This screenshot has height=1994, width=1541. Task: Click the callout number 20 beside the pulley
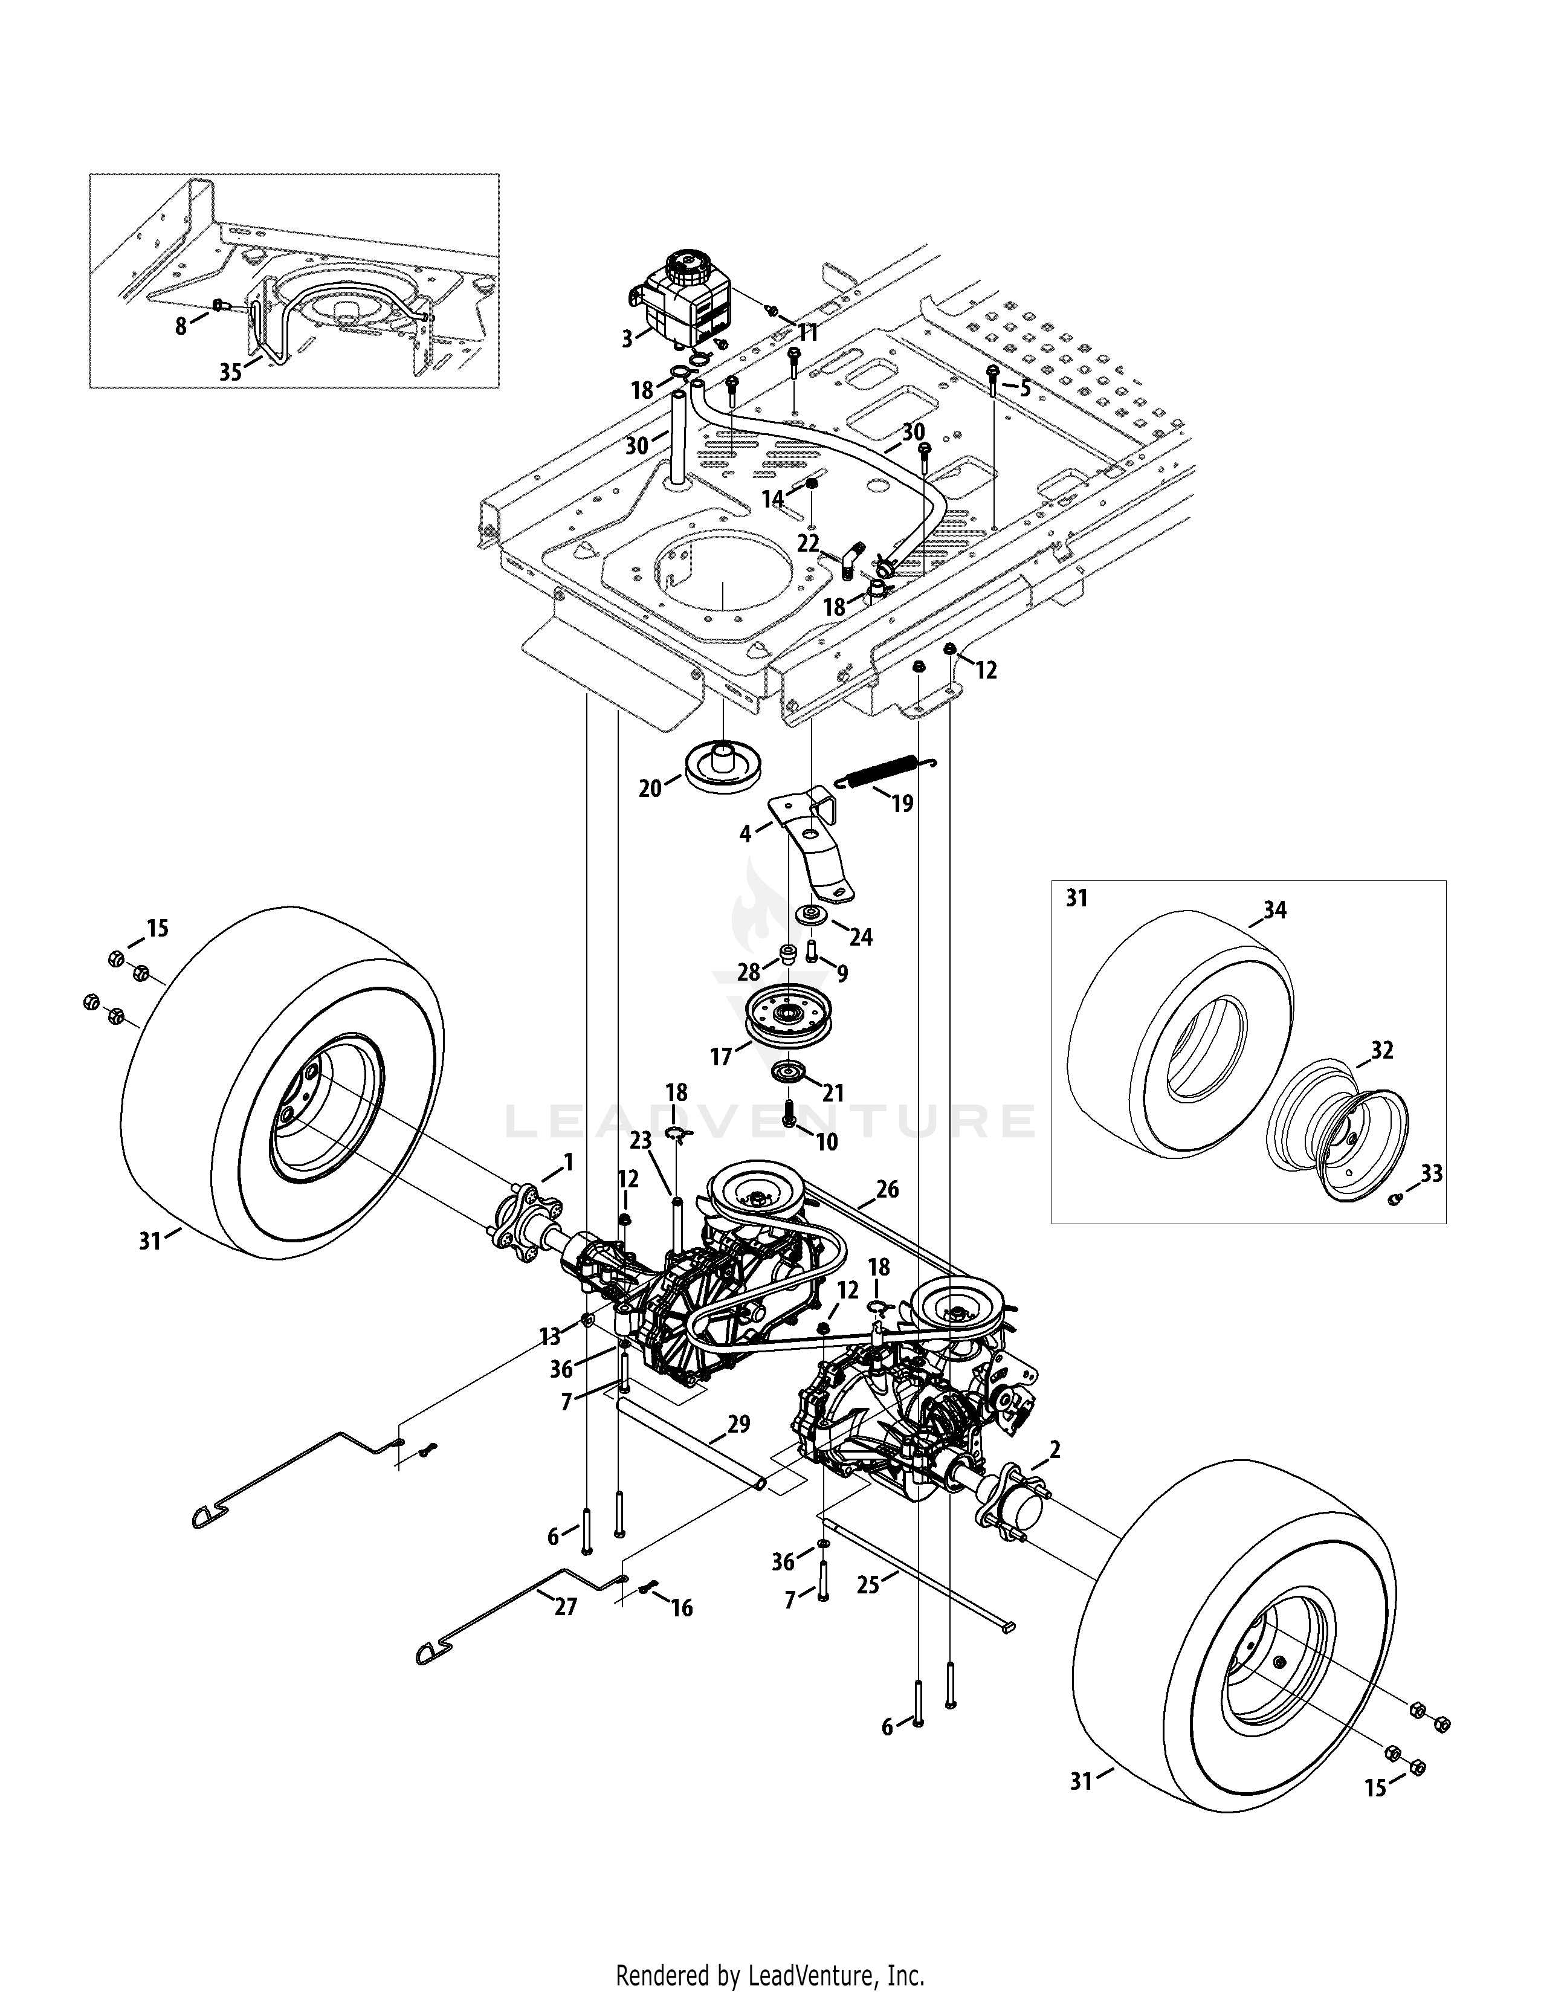pyautogui.click(x=649, y=789)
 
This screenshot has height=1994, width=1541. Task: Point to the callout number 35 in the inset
pyautogui.click(x=231, y=372)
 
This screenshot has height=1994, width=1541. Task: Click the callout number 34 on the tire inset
pyautogui.click(x=1274, y=909)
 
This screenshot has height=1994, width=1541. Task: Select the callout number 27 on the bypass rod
pyautogui.click(x=566, y=1607)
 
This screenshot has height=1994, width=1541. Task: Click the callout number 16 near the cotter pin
pyautogui.click(x=681, y=1608)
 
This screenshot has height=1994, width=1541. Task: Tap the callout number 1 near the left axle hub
pyautogui.click(x=568, y=1162)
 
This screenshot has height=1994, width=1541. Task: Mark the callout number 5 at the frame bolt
pyautogui.click(x=1024, y=388)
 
